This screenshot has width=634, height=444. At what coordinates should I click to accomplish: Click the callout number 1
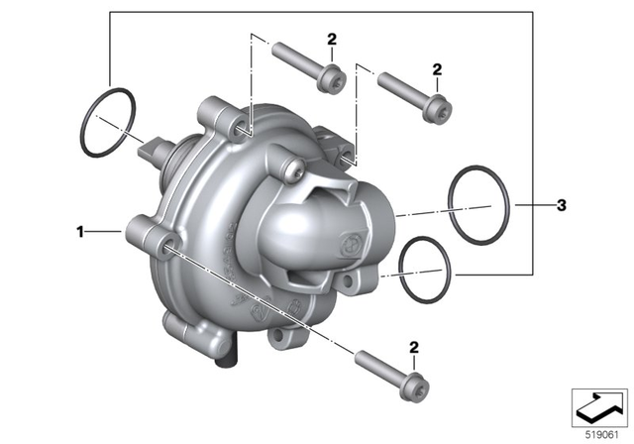coord(80,231)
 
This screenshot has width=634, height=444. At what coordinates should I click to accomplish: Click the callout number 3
coord(561,206)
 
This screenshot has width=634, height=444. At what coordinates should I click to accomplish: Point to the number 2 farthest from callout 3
coord(332,39)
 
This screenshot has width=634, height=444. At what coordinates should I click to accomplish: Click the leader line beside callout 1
coord(105,231)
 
